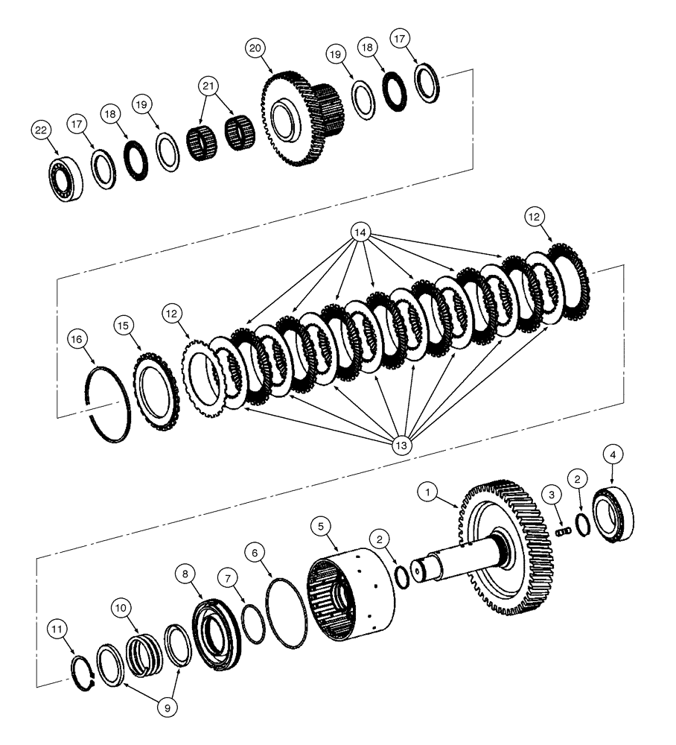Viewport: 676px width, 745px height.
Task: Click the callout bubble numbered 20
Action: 255,48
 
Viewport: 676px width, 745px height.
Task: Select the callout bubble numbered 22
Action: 42,130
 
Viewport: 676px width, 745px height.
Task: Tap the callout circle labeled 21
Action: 209,86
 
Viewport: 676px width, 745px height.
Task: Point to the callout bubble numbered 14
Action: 360,232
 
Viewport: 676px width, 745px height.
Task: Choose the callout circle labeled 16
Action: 77,339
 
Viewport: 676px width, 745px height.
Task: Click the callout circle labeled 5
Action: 322,526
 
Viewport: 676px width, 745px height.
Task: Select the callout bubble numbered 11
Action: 59,630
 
